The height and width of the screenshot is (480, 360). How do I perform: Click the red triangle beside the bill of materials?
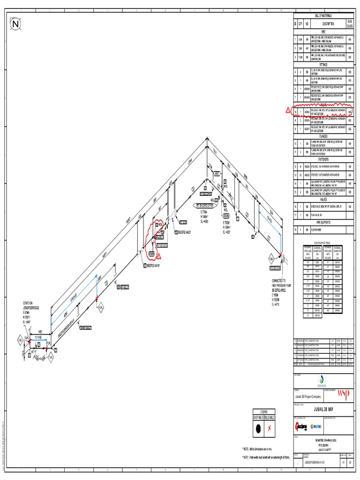click(289, 111)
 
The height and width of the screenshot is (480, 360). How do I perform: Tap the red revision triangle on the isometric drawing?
click(158, 255)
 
